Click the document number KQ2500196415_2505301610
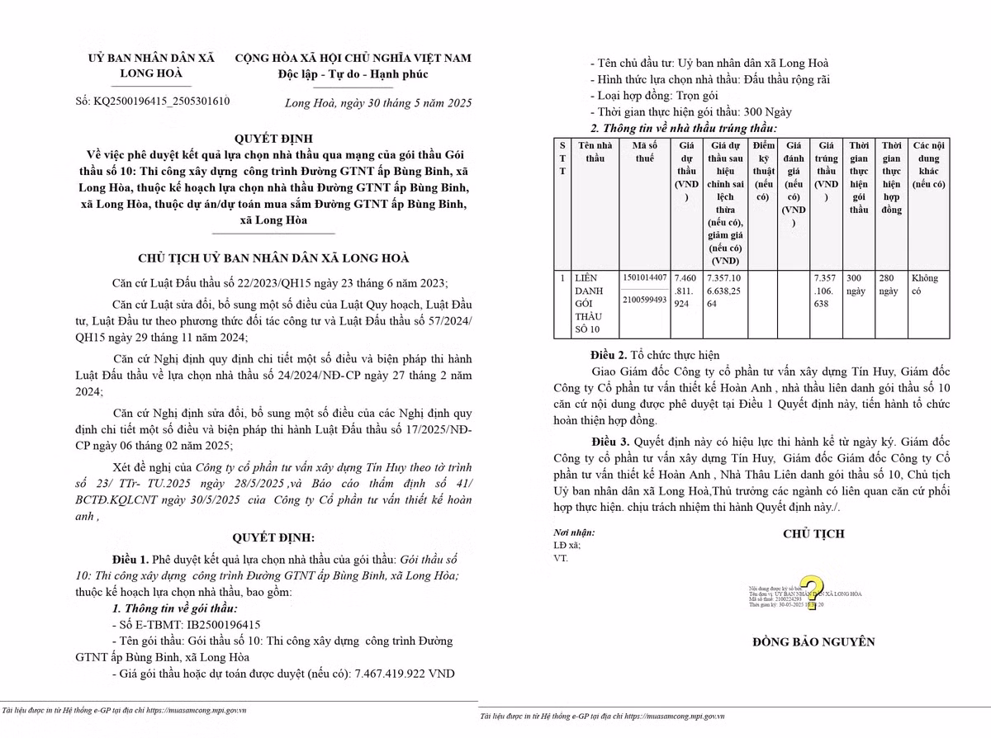[164, 102]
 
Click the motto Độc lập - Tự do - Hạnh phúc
[353, 75]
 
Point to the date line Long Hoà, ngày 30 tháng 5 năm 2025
[377, 103]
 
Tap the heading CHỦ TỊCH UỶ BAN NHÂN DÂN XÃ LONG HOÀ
[273, 258]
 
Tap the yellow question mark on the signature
[811, 591]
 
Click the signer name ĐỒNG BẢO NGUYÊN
[813, 642]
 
